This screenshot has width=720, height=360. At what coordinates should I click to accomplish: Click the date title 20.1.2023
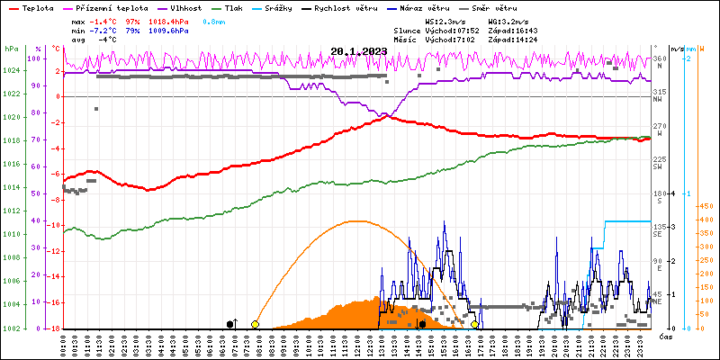[x=358, y=51]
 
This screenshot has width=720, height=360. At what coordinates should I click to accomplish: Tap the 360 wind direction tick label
[x=660, y=58]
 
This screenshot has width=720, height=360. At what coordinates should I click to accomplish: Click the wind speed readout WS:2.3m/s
[x=445, y=20]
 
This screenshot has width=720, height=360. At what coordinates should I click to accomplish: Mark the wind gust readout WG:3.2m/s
[x=508, y=20]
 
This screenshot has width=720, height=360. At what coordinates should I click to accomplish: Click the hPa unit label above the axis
[x=10, y=49]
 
